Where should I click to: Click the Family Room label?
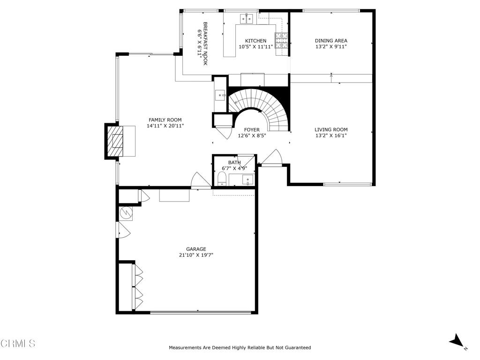tap(165, 120)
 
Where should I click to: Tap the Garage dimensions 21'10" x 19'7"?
tap(196, 255)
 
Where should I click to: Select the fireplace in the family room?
tap(116, 141)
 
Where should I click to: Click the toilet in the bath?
tap(222, 179)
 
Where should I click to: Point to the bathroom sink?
tap(247, 179)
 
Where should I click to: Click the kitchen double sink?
tap(247, 19)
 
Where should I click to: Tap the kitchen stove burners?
tap(281, 41)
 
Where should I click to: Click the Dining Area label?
tap(331, 41)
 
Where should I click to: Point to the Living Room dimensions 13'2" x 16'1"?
tap(331, 136)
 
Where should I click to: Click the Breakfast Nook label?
tap(205, 44)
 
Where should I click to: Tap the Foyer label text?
tap(252, 130)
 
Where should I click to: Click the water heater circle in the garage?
tap(126, 213)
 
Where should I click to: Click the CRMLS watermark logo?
tap(18, 344)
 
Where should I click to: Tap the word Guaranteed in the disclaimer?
tap(296, 348)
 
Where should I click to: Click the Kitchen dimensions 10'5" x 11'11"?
tap(256, 47)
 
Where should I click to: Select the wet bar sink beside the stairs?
tap(220, 96)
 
